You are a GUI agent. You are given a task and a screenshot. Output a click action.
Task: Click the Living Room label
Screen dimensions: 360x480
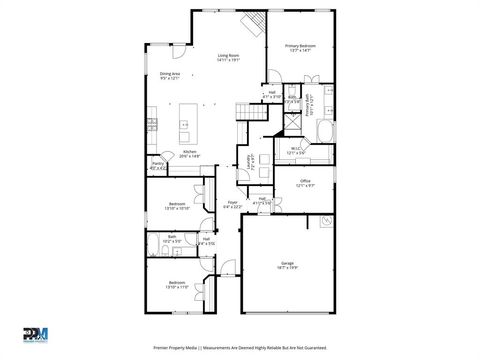(x=228, y=57)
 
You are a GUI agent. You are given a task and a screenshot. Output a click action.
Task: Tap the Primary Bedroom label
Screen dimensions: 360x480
(x=300, y=47)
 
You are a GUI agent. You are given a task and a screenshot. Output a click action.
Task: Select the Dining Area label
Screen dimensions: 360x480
(x=170, y=75)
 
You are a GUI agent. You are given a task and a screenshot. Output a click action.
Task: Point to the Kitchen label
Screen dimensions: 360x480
(x=189, y=154)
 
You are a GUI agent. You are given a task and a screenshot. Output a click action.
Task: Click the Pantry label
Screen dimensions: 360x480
(x=158, y=166)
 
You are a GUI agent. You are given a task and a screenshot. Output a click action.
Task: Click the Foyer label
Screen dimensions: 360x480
(x=231, y=204)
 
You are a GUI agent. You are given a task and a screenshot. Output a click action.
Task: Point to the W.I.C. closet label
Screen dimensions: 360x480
(x=296, y=151)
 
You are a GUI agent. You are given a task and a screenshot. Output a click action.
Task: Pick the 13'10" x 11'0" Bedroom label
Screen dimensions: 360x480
(x=176, y=285)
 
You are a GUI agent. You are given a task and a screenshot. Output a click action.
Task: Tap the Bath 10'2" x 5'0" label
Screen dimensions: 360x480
(x=172, y=239)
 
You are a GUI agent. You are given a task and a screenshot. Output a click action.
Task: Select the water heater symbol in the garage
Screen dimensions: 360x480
(x=326, y=222)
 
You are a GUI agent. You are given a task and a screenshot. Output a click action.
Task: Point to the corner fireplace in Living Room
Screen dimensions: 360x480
(x=256, y=24)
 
